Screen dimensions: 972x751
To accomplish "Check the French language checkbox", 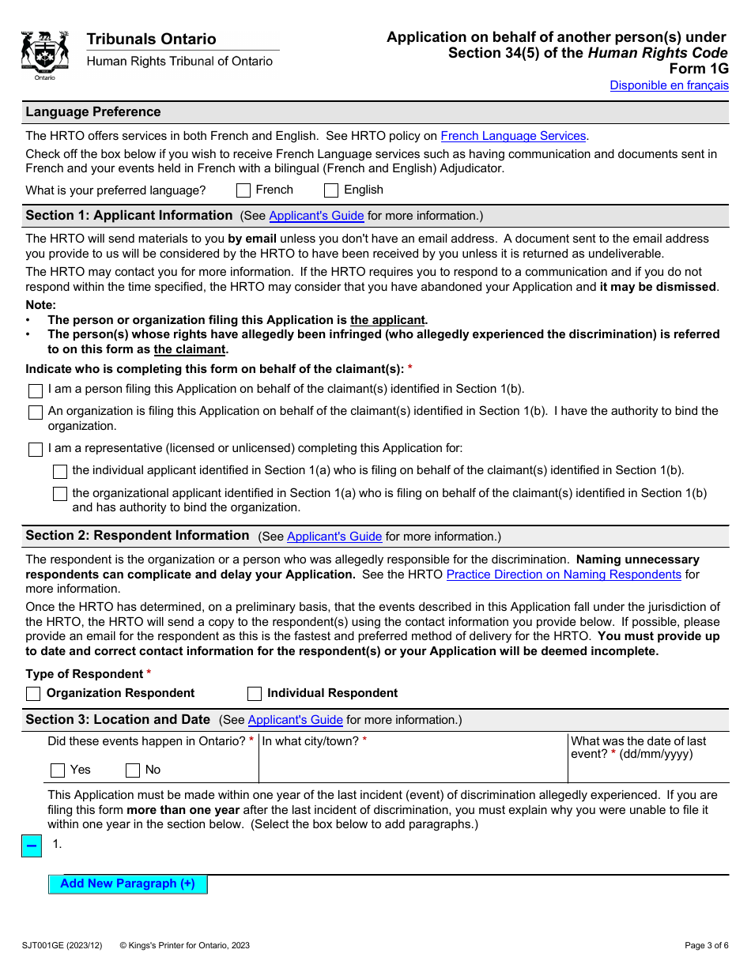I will pyautogui.click(x=243, y=190).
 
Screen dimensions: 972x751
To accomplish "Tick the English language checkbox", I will pyautogui.click(x=331, y=190).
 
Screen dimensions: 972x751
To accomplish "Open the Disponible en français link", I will pyautogui.click(x=669, y=85).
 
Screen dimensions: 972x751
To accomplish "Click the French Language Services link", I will pyautogui.click(x=513, y=136).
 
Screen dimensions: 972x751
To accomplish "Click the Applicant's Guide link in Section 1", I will pyautogui.click(x=316, y=216).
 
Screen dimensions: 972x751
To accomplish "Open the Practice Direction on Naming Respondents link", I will pyautogui.click(x=563, y=575).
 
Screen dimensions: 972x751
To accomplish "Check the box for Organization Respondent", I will pyautogui.click(x=33, y=694).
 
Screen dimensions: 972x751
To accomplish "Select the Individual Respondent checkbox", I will pyautogui.click(x=255, y=694).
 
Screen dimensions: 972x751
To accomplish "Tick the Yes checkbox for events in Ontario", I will pyautogui.click(x=58, y=770).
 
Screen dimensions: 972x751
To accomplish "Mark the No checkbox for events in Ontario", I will pyautogui.click(x=133, y=770).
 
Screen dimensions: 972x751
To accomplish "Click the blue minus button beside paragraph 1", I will pyautogui.click(x=32, y=846).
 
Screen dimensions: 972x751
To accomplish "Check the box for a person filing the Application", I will pyautogui.click(x=36, y=391).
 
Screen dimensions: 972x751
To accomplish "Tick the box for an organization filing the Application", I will pyautogui.click(x=36, y=413).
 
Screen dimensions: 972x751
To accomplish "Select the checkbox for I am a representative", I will pyautogui.click(x=36, y=450).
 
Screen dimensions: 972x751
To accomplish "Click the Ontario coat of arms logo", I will pyautogui.click(x=45, y=54).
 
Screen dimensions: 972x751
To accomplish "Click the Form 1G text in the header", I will pyautogui.click(x=699, y=69).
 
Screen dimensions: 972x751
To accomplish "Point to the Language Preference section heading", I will pyautogui.click(x=93, y=112).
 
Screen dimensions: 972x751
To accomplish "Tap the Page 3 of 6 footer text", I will pyautogui.click(x=706, y=945).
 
